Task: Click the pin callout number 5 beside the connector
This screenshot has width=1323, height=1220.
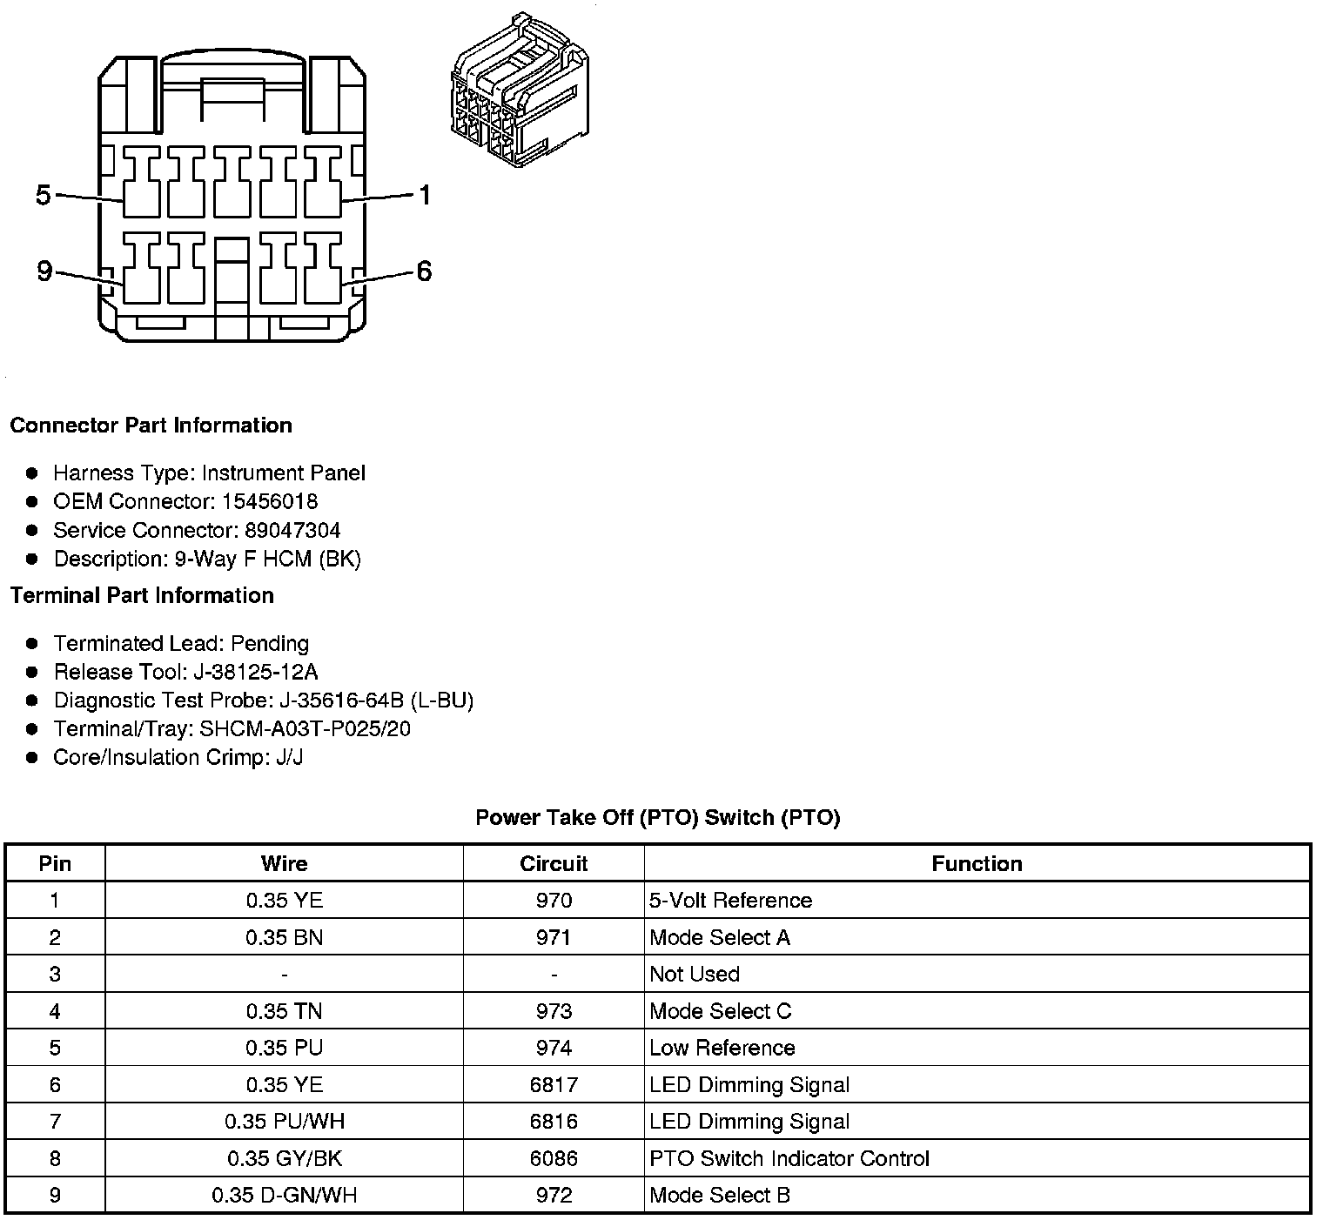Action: coord(44,195)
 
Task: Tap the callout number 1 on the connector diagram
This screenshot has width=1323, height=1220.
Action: coord(425,195)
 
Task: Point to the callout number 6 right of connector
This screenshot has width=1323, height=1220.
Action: coord(424,272)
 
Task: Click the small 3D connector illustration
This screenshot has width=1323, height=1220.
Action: coord(520,90)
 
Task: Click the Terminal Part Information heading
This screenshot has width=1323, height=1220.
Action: coord(142,596)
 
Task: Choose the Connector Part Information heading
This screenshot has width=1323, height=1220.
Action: coord(151,426)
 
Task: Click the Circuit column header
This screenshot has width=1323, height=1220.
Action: coord(554,864)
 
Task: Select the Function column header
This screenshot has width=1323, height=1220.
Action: coord(977,864)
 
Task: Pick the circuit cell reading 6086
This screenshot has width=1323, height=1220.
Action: coord(554,1159)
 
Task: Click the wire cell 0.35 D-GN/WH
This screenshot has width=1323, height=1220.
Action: coord(285,1196)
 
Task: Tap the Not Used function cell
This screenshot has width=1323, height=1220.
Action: coord(695,975)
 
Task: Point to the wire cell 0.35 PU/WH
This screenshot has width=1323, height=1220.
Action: coord(285,1122)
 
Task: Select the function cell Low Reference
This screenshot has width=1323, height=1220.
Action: coord(722,1048)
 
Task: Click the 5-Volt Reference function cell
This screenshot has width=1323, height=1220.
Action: coord(730,901)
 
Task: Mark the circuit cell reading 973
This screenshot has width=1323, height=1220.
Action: coord(554,1011)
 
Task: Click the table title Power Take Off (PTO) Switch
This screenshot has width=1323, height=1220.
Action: coord(658,818)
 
